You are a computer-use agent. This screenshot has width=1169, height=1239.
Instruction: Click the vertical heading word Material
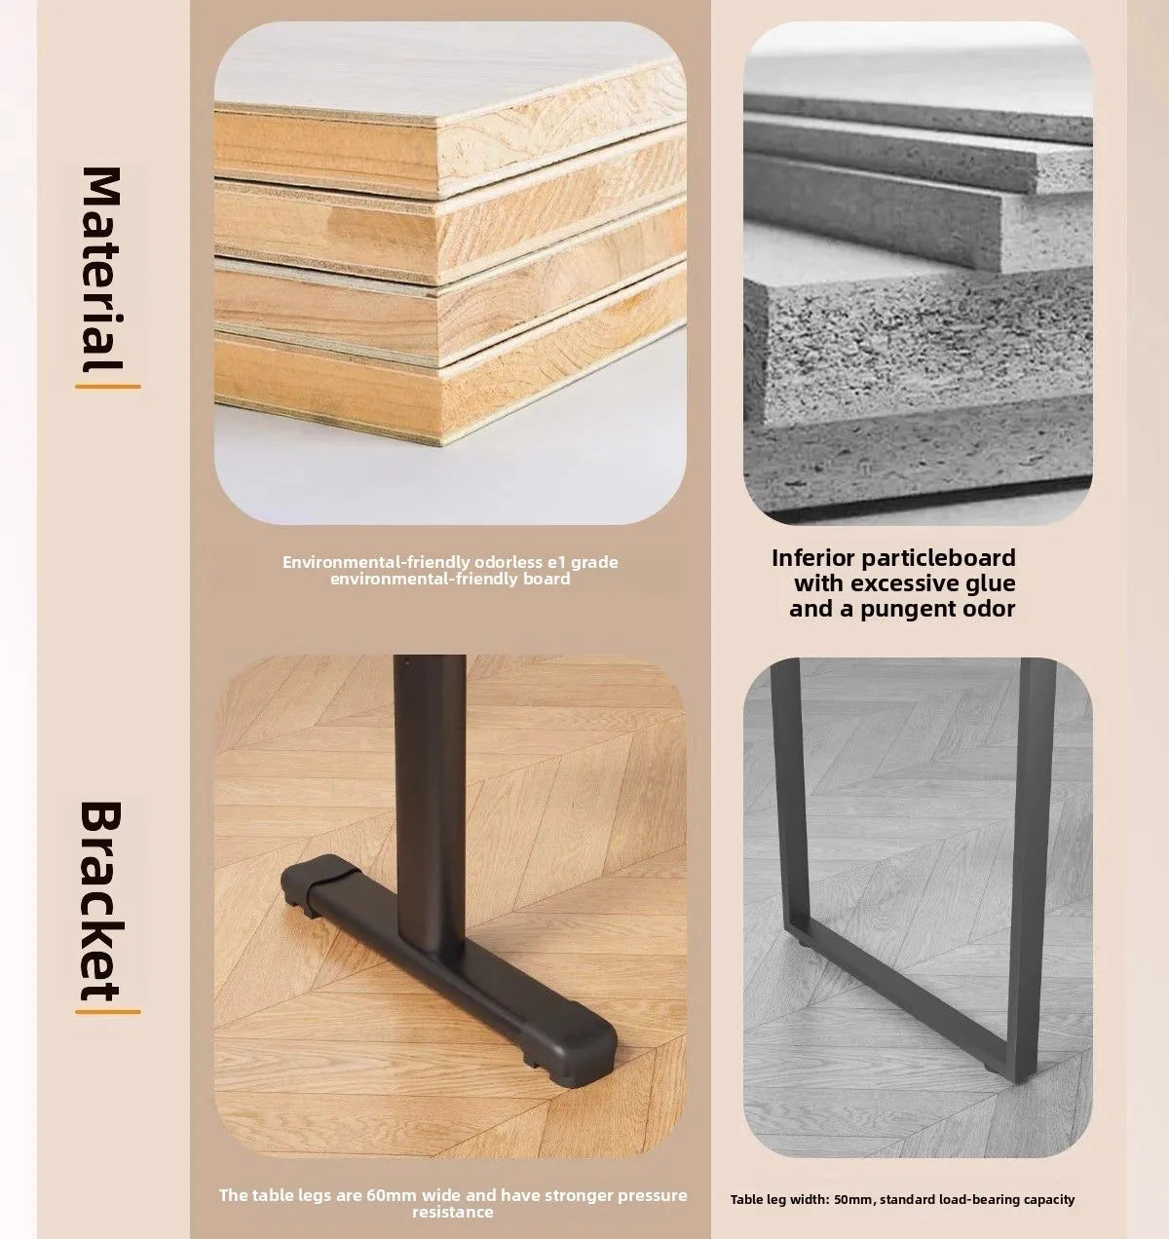coord(101,269)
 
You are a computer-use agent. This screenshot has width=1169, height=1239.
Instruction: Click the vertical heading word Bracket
coord(101,901)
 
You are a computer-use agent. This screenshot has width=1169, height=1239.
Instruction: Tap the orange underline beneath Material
coord(108,388)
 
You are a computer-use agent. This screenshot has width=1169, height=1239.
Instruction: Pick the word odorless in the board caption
coord(502,562)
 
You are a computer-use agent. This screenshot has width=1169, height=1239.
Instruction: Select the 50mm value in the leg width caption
coord(854,1200)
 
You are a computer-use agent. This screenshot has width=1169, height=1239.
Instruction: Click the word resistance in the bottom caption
coord(452,1212)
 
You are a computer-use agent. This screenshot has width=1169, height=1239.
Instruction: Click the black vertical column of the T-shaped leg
coord(431,805)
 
